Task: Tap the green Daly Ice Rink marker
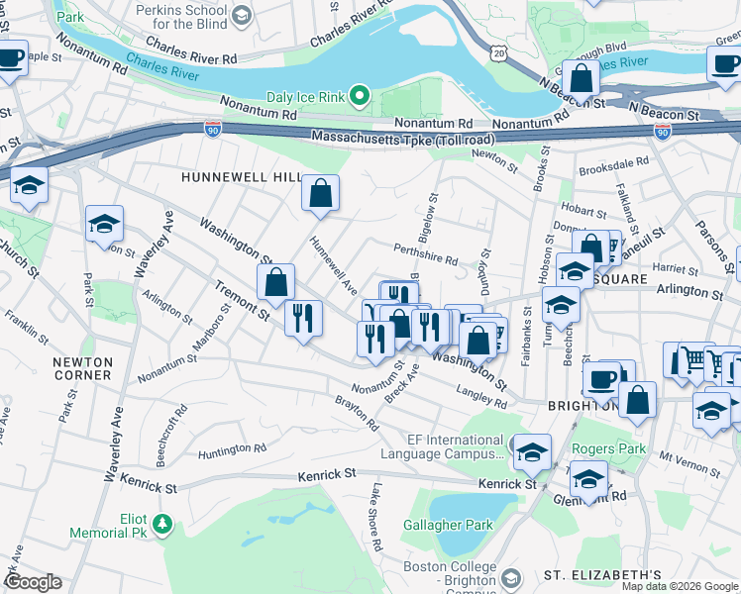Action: coord(360,97)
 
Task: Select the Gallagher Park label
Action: coord(449,525)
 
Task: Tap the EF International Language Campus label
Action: coord(443,446)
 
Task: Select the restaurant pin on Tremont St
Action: coord(303,318)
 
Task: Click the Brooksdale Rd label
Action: coord(614,160)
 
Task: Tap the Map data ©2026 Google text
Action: coord(680,586)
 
